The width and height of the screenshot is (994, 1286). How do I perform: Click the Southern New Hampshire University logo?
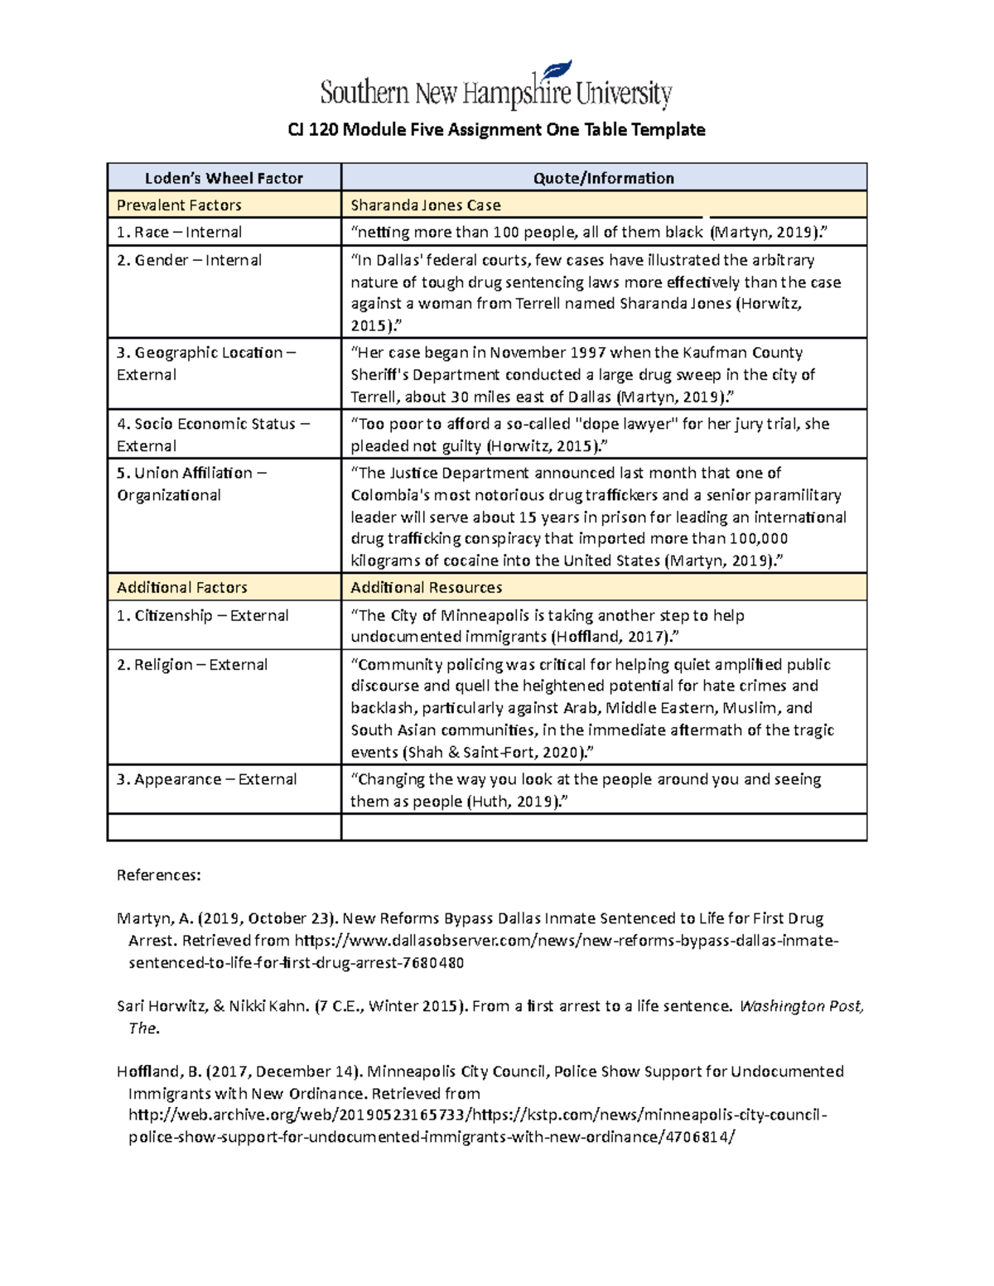tap(495, 88)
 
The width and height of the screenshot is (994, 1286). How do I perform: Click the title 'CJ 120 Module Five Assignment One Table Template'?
tap(496, 130)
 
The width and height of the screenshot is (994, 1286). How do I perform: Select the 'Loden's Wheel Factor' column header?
tap(224, 178)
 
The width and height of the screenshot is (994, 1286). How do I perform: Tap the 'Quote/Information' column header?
tap(603, 178)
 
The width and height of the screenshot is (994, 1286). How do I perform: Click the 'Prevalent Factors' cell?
tap(179, 205)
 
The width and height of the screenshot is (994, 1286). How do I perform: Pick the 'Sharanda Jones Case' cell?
tap(426, 205)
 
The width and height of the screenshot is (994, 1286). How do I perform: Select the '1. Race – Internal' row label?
tap(179, 233)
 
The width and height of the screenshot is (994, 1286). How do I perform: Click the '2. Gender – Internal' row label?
tap(189, 260)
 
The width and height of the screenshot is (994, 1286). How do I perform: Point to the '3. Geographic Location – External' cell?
tap(205, 364)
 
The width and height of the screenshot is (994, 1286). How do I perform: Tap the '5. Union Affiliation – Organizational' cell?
tap(191, 484)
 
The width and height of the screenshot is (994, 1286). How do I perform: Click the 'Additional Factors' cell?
tap(182, 588)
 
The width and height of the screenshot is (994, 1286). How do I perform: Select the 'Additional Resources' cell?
tap(426, 588)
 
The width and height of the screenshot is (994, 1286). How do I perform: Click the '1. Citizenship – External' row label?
tap(202, 615)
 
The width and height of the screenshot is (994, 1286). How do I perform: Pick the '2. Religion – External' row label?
tap(191, 665)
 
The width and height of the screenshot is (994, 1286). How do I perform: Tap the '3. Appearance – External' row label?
tap(206, 779)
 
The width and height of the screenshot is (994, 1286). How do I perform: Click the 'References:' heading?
tap(158, 875)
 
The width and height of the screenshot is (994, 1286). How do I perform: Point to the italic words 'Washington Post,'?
tap(801, 1006)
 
